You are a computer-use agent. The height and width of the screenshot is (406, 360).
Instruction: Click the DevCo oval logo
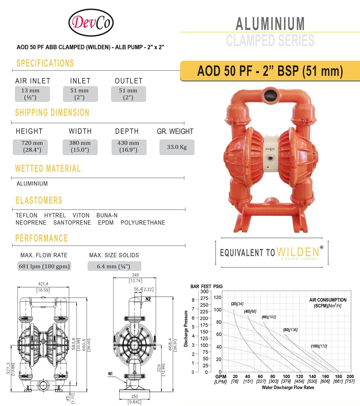(x=91, y=22)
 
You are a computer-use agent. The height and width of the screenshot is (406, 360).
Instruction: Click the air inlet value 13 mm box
(x=32, y=94)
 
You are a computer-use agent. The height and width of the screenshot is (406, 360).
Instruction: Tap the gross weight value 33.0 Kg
(x=177, y=147)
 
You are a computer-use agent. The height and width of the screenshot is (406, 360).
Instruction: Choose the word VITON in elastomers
(x=81, y=215)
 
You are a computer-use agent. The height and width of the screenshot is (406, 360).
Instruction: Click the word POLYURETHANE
(x=143, y=222)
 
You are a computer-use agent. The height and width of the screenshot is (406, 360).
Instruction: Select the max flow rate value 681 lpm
(x=44, y=266)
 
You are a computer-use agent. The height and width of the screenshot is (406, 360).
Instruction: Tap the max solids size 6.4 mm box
(x=114, y=266)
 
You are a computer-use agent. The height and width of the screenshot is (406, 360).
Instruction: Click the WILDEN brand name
(x=298, y=252)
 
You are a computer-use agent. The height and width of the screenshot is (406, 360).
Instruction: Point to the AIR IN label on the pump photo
(x=270, y=149)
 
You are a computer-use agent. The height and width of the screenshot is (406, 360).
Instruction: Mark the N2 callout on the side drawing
(x=148, y=299)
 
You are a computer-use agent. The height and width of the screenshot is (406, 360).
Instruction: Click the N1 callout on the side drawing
(x=110, y=374)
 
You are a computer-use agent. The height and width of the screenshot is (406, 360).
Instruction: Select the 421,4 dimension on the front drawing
(x=43, y=284)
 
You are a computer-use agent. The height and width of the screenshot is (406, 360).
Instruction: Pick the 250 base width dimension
(x=135, y=396)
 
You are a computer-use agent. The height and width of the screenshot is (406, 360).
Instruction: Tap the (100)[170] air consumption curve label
(x=319, y=346)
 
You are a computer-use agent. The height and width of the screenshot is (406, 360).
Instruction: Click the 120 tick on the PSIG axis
(x=218, y=297)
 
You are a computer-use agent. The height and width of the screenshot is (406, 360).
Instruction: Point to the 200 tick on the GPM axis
(x=350, y=376)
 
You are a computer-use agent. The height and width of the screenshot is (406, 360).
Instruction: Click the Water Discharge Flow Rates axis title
(x=288, y=388)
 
